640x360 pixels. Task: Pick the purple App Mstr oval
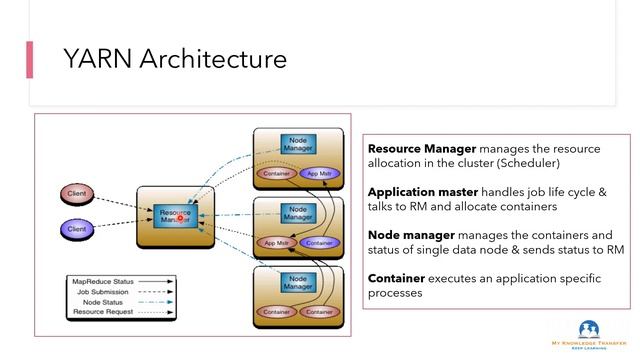[319, 173]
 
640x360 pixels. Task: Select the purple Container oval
[319, 242]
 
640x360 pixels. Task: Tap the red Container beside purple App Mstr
[276, 173]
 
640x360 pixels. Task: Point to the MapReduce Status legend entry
[104, 281]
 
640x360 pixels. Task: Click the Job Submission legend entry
[104, 291]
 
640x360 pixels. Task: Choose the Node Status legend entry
[104, 302]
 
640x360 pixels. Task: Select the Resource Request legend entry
[104, 313]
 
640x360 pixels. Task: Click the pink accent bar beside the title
[30, 59]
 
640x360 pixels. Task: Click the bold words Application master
[423, 191]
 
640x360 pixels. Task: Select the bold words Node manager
[406, 235]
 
